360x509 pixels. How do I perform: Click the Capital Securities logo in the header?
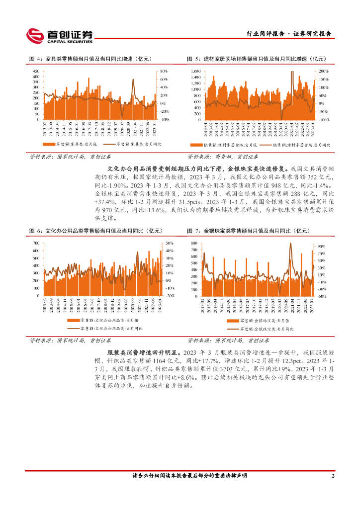[60, 35]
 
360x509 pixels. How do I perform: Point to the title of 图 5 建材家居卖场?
[258, 59]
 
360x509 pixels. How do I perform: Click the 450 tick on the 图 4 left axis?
[36, 72]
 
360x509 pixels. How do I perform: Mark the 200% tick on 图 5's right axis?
[323, 72]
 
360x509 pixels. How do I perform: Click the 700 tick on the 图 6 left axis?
[36, 243]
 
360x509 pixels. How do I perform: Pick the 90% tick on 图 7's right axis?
[321, 246]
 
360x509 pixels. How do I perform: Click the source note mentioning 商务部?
[223, 157]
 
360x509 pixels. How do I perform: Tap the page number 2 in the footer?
[333, 476]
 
